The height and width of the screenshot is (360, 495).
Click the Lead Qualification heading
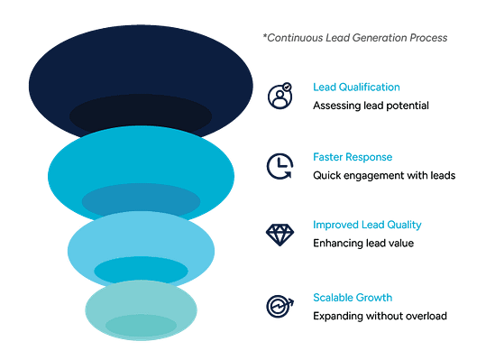pyautogui.click(x=355, y=88)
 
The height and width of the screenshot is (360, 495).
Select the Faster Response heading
pyautogui.click(x=353, y=156)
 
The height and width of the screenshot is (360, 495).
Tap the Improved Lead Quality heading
pyautogui.click(x=366, y=225)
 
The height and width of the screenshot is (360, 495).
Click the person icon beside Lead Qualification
pyautogui.click(x=279, y=96)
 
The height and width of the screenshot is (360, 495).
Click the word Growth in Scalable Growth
pyautogui.click(x=375, y=297)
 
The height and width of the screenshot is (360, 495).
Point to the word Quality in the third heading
pyautogui.click(x=402, y=225)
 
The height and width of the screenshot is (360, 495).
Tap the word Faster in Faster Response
pyautogui.click(x=327, y=156)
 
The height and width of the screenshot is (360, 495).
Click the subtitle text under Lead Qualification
pyautogui.click(x=370, y=105)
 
